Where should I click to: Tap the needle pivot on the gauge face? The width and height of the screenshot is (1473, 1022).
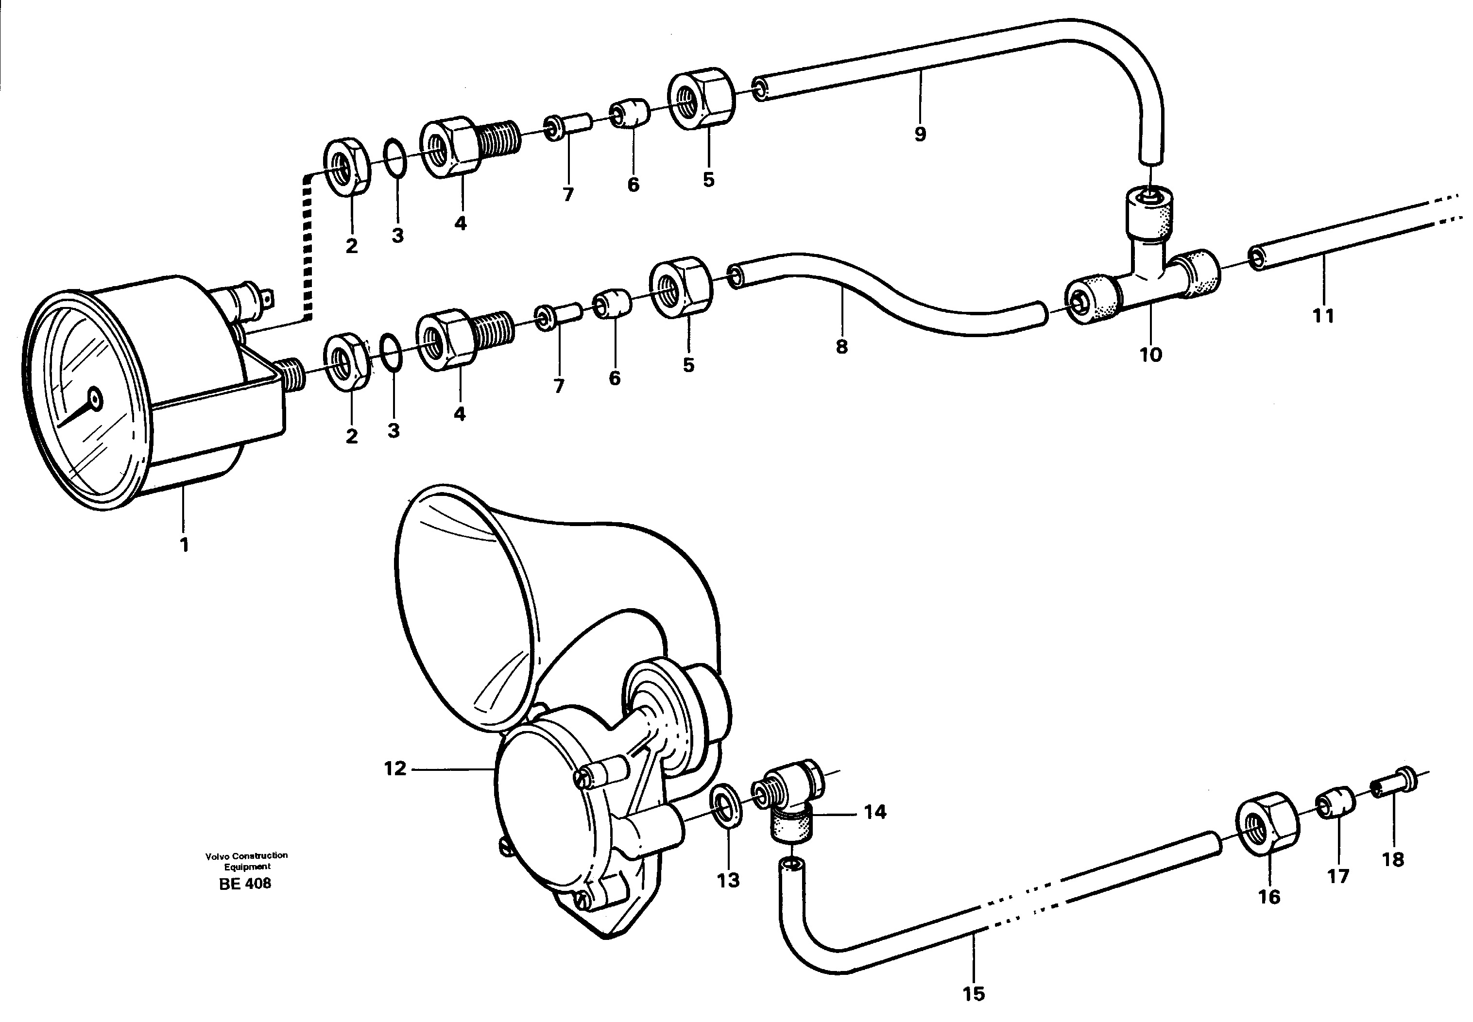[95, 400]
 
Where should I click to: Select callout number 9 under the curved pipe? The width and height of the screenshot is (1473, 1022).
[920, 135]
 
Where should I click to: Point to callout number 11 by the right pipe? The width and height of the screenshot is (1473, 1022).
[1323, 316]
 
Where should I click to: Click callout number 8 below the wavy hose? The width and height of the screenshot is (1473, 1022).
[841, 346]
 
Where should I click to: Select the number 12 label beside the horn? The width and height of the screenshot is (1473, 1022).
[395, 768]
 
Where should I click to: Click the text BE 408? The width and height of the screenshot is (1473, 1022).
[245, 884]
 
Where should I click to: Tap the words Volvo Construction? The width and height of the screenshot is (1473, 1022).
[247, 855]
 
